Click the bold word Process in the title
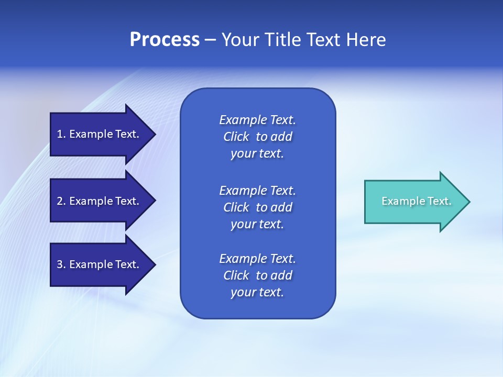(165, 40)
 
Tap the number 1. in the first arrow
(61, 134)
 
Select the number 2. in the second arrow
(61, 201)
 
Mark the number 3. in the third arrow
(61, 264)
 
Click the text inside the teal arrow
(417, 201)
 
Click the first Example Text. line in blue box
(257, 120)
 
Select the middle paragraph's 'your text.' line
(257, 224)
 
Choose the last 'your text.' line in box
(257, 292)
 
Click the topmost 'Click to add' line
(257, 137)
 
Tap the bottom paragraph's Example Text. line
(257, 259)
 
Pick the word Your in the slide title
(239, 40)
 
